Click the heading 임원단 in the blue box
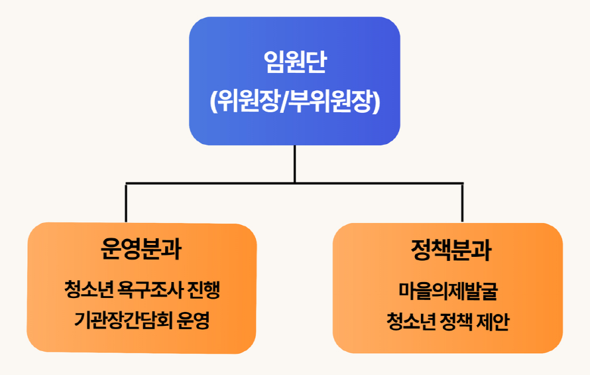[295, 62]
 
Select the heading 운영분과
[141, 249]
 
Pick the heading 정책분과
[451, 250]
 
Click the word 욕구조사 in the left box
[150, 289]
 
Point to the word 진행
[204, 289]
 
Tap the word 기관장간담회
[123, 321]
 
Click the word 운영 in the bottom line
[193, 321]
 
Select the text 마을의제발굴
[448, 291]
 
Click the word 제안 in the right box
[493, 321]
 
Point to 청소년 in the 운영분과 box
[89, 289]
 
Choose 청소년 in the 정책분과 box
[411, 321]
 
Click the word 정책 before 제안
[457, 321]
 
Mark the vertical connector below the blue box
[294, 164]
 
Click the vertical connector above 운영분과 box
[126, 202]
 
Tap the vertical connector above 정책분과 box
[462, 202]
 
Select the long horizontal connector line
[294, 184]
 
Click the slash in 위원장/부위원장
[283, 102]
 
